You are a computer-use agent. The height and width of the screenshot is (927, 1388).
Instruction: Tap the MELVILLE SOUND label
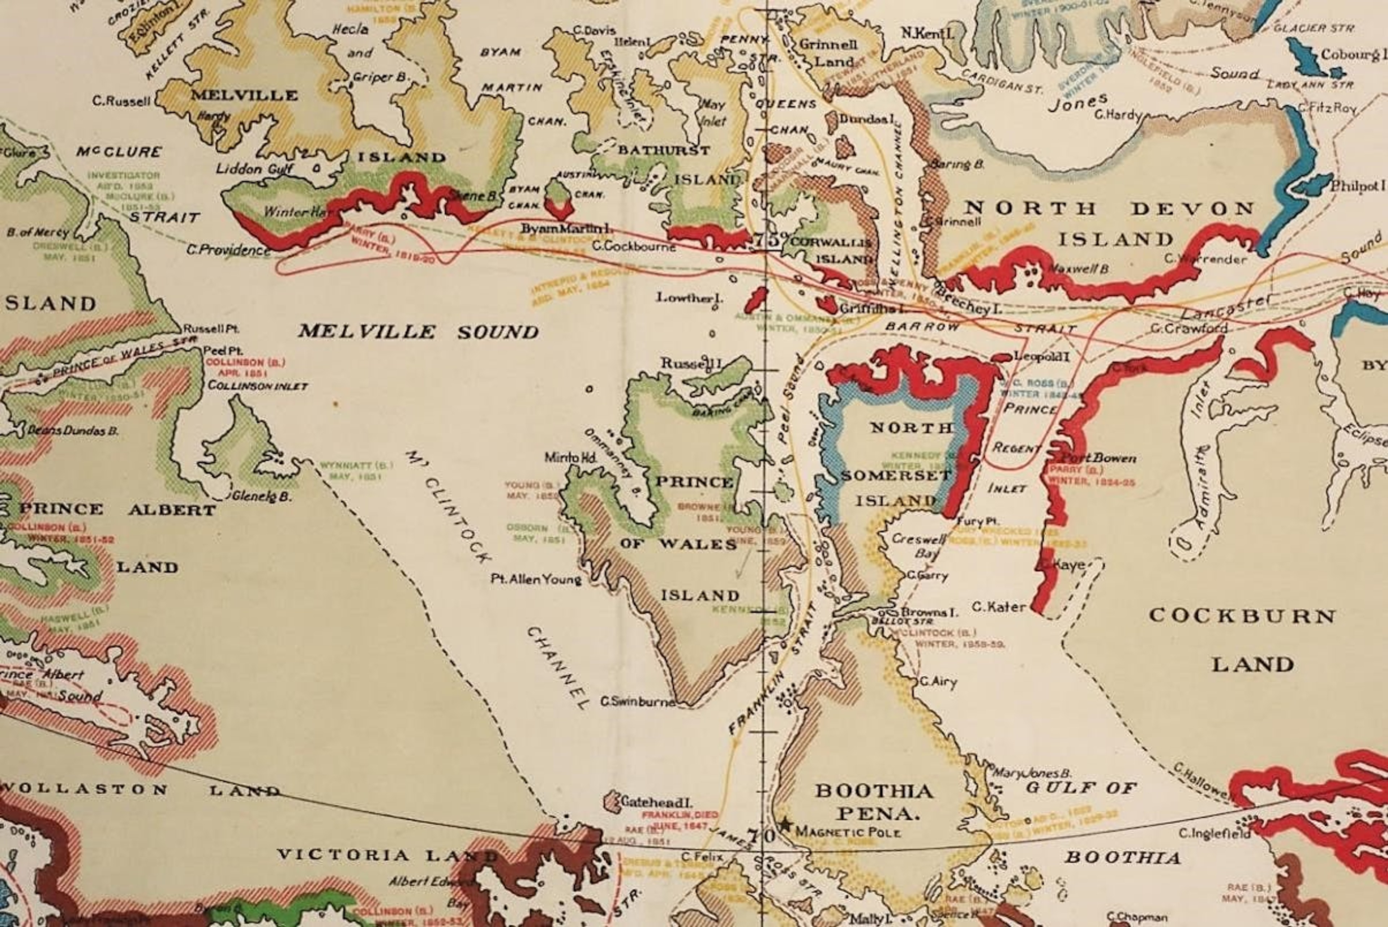tap(418, 332)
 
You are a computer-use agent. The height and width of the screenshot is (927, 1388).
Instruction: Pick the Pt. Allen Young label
tap(536, 579)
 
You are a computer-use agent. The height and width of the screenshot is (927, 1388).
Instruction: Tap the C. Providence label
tap(228, 250)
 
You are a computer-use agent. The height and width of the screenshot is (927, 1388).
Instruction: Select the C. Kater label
tap(998, 606)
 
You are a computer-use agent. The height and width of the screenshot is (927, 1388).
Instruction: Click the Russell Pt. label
tap(210, 329)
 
